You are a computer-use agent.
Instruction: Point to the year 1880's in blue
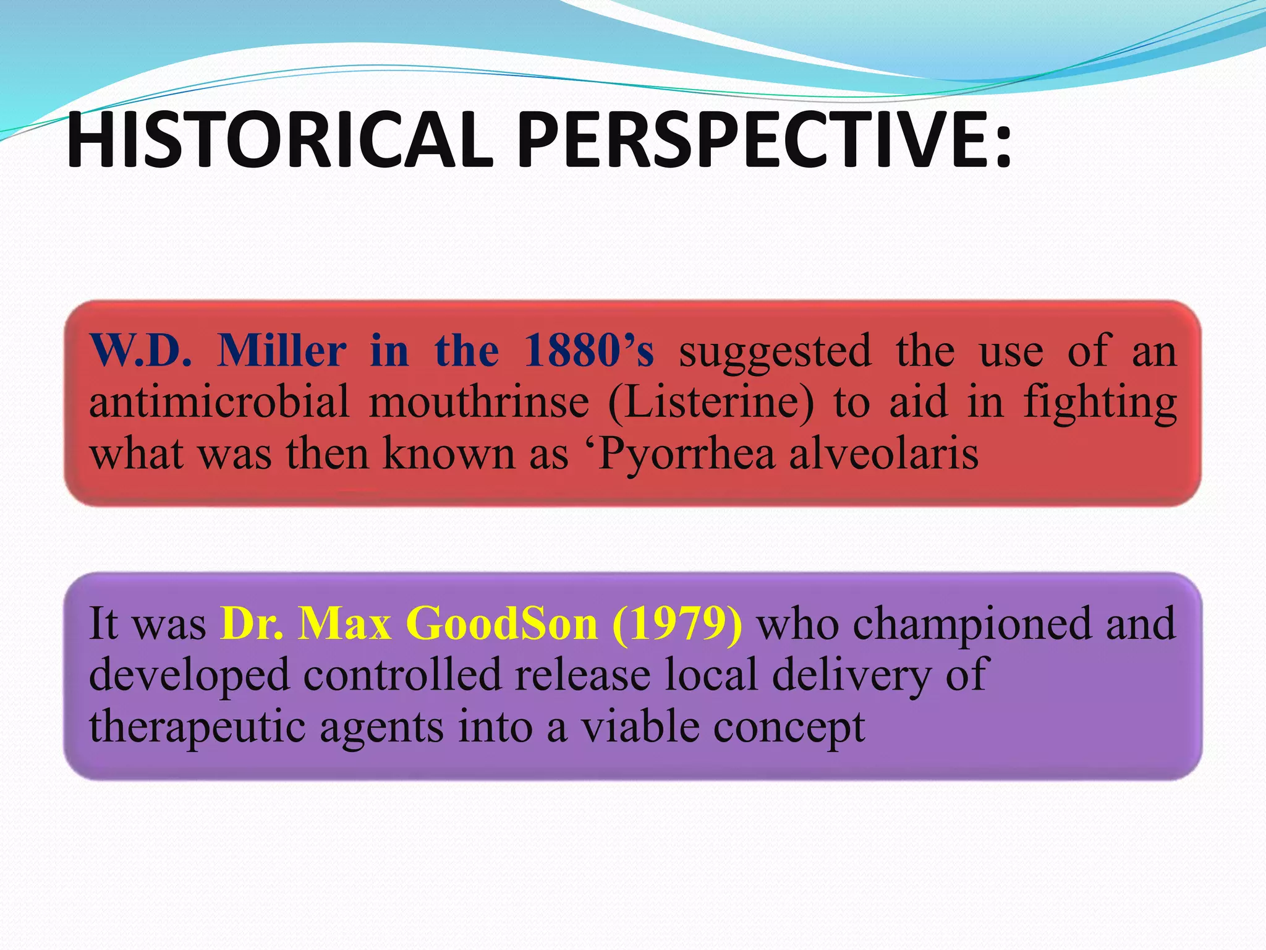588,351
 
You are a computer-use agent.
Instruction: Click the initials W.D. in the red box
141,351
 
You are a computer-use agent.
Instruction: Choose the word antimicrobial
219,402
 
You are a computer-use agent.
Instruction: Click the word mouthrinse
479,402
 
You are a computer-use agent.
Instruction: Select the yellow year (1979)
678,623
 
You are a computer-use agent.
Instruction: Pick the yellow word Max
344,623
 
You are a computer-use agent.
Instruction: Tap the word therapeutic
197,727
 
